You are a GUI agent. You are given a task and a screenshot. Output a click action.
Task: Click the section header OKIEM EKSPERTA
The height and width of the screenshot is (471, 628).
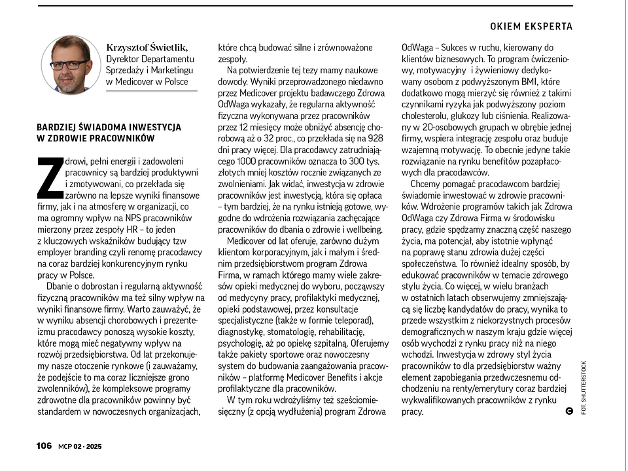pos(531,26)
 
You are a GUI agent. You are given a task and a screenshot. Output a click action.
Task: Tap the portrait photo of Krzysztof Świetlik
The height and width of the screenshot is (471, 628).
pos(69,64)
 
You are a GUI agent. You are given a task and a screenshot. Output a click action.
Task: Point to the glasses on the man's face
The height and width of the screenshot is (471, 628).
pos(67,64)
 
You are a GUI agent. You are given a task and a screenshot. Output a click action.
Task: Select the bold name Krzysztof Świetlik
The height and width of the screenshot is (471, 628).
pos(147,47)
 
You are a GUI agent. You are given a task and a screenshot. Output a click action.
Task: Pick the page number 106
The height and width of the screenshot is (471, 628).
pos(44,445)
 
